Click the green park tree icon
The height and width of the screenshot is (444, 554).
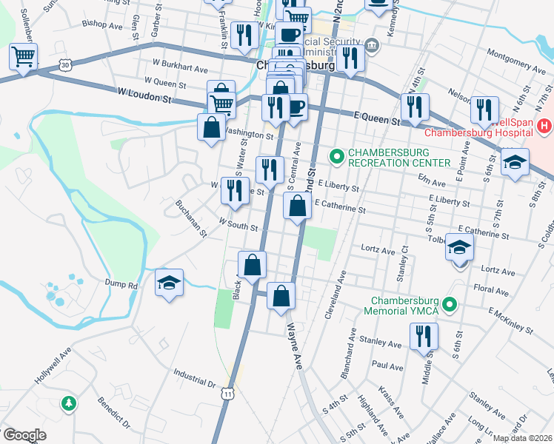click(x=68, y=403)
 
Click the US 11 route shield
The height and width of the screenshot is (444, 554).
click(x=227, y=395)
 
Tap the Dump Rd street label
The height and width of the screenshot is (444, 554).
click(x=123, y=285)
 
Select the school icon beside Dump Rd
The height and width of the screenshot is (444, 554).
click(x=170, y=283)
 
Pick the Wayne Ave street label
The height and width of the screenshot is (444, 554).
click(x=296, y=345)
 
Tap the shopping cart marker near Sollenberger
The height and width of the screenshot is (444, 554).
click(x=23, y=56)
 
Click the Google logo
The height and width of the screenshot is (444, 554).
click(x=24, y=435)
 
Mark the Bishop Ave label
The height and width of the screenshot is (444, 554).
click(x=103, y=24)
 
